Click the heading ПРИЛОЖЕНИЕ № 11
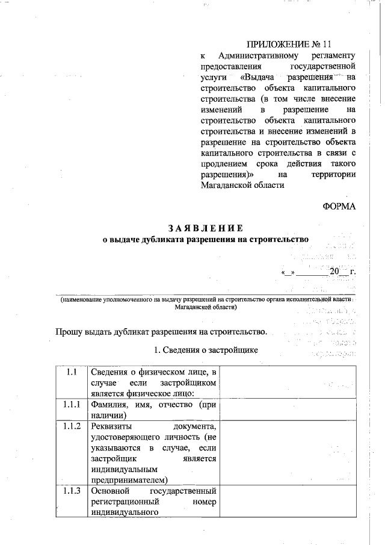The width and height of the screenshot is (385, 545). [289, 45]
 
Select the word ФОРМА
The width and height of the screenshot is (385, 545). [339, 207]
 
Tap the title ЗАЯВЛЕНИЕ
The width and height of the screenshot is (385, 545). [205, 228]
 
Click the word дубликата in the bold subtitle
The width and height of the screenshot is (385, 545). [160, 239]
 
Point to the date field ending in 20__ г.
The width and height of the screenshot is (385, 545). [318, 272]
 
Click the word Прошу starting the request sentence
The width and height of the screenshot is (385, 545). [69, 331]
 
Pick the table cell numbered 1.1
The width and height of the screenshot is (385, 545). [71, 372]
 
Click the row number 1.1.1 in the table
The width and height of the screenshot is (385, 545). [71, 405]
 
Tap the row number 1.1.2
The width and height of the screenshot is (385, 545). [71, 426]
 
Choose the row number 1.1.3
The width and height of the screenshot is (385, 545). [71, 491]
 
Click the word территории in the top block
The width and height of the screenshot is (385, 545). [333, 175]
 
